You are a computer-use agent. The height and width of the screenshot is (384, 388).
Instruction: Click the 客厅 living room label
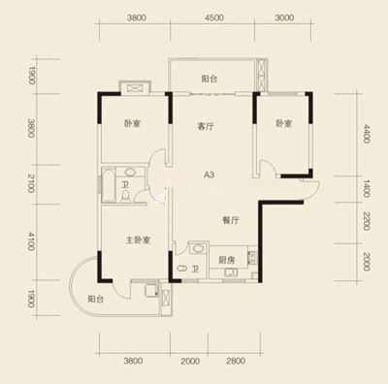click(206, 126)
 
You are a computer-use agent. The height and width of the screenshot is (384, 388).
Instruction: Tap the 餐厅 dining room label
click(231, 220)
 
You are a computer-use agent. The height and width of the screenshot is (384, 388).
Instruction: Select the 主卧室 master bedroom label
click(138, 240)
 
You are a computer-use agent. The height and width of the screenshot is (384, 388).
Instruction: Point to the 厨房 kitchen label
click(227, 260)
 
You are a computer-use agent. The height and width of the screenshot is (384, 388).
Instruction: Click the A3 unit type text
click(210, 175)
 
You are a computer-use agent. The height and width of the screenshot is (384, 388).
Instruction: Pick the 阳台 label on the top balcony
click(210, 79)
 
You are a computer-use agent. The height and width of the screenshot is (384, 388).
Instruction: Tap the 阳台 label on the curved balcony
click(96, 299)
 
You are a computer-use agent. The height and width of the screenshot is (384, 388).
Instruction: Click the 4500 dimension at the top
click(214, 17)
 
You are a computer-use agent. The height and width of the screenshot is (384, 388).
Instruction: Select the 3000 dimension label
click(284, 17)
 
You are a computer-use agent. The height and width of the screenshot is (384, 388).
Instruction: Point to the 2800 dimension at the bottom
click(236, 361)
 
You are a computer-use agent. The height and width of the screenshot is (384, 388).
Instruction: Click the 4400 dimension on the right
click(366, 134)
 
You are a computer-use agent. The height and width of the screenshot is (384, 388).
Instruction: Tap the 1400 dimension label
click(366, 189)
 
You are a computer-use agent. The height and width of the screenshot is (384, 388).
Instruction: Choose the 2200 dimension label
click(366, 221)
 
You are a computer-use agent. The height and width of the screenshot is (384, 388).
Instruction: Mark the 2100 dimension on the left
click(31, 183)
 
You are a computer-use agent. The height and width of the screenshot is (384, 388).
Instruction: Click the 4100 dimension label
click(31, 241)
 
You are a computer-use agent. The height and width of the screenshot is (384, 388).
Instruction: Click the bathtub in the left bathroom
click(108, 185)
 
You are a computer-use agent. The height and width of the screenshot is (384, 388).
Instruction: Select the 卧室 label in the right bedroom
click(284, 123)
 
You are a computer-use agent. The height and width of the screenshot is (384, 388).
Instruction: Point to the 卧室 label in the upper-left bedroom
click(132, 123)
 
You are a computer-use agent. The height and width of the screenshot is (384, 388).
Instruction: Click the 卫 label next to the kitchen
click(195, 269)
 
